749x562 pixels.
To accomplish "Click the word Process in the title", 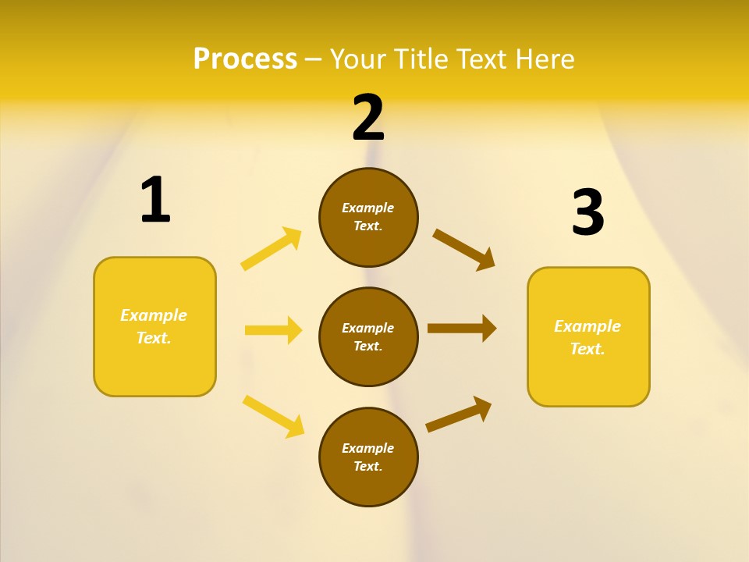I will tap(245, 59).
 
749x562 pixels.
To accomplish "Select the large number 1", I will tap(155, 200).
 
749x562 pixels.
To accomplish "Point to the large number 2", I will tap(368, 118).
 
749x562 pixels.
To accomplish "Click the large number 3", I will tap(588, 212).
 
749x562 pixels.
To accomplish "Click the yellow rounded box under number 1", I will tap(154, 326).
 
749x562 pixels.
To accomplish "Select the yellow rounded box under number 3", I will tap(588, 337).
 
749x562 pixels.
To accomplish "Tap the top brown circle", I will tap(368, 217).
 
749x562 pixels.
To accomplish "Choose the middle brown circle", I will tap(368, 336).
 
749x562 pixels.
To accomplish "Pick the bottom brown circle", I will tap(368, 457).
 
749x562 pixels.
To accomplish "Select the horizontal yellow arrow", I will tap(273, 330).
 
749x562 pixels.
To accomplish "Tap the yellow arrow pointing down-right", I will tap(273, 416).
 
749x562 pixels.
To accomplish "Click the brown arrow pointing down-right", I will tap(463, 249).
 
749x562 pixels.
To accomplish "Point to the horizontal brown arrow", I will tap(462, 329).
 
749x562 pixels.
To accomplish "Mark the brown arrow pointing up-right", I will tap(459, 414).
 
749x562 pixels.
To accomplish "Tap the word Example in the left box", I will tap(154, 315).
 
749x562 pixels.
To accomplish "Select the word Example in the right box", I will tap(587, 326).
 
